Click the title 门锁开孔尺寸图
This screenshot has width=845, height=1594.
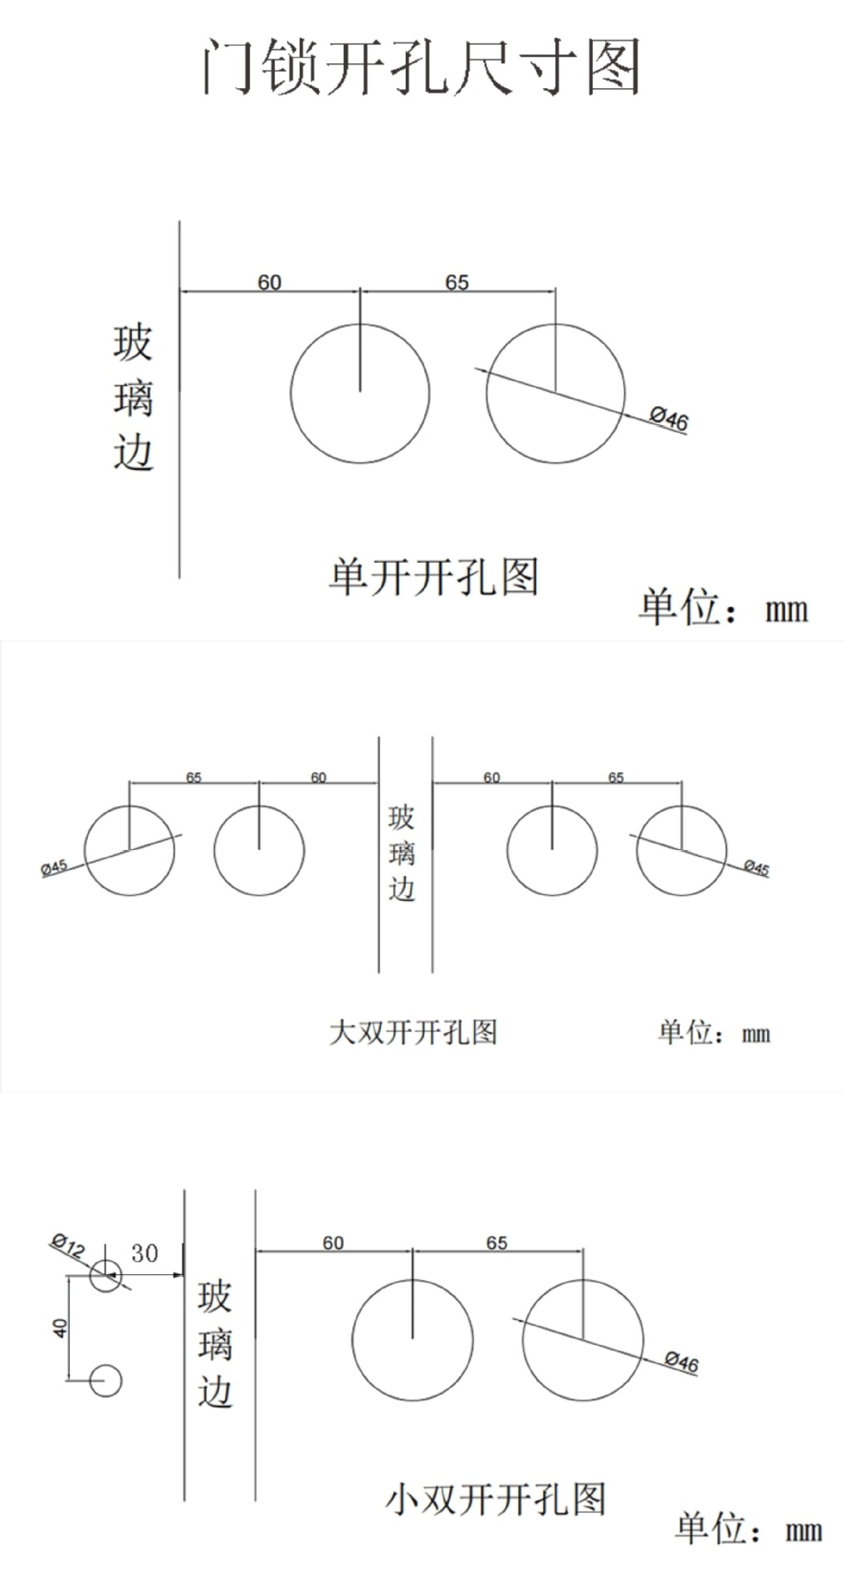pyautogui.click(x=422, y=66)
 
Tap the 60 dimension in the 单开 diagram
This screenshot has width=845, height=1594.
pyautogui.click(x=269, y=282)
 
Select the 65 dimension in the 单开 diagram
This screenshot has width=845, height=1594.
pyautogui.click(x=457, y=282)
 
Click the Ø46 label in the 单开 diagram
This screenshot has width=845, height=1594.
pyautogui.click(x=669, y=418)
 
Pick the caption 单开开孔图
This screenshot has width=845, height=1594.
pyautogui.click(x=433, y=576)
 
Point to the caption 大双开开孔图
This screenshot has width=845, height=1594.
pyautogui.click(x=413, y=1032)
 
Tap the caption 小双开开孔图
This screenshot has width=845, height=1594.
pyautogui.click(x=495, y=1499)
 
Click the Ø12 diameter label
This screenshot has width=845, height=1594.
pyautogui.click(x=68, y=1245)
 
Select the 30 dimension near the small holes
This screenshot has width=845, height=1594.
pyautogui.click(x=144, y=1254)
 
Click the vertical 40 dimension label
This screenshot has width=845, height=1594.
pyautogui.click(x=60, y=1328)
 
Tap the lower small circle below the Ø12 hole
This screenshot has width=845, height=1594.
pyautogui.click(x=105, y=1380)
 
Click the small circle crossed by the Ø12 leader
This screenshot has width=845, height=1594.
pyautogui.click(x=105, y=1275)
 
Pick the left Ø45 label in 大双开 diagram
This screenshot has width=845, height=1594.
pyautogui.click(x=54, y=868)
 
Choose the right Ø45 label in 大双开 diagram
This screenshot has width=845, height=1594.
pyautogui.click(x=756, y=868)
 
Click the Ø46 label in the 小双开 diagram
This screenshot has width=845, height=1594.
pyautogui.click(x=681, y=1362)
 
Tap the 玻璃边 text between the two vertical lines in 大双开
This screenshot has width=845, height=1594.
pyautogui.click(x=402, y=853)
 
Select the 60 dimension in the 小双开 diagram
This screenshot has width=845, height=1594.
pyautogui.click(x=333, y=1243)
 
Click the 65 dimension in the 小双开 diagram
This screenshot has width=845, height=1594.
pyautogui.click(x=496, y=1243)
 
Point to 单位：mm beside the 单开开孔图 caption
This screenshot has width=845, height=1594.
pyautogui.click(x=722, y=608)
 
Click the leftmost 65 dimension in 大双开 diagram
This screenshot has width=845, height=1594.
pyautogui.click(x=193, y=778)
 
